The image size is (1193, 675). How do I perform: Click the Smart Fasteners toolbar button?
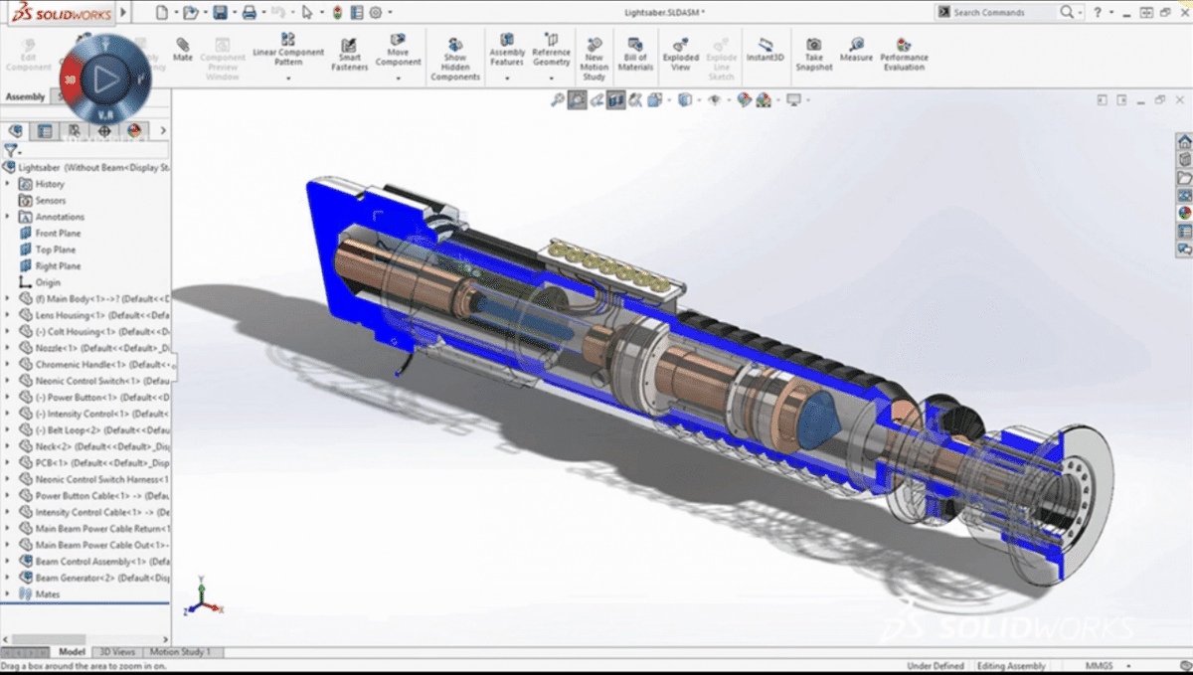(350, 55)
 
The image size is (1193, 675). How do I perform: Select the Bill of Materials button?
(635, 55)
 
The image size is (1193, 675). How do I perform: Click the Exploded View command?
(681, 55)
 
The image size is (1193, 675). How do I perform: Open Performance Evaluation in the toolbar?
(904, 54)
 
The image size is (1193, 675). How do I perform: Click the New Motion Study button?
(594, 58)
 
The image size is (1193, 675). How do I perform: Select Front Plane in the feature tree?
(57, 234)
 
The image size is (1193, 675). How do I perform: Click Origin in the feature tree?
(48, 283)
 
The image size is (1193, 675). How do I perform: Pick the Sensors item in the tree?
(50, 201)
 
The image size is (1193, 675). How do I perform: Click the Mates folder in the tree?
(47, 594)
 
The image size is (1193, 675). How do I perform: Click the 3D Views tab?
(116, 652)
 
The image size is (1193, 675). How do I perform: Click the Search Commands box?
(999, 13)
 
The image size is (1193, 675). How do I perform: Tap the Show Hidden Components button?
(455, 60)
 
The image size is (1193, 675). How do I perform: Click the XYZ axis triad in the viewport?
(199, 596)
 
